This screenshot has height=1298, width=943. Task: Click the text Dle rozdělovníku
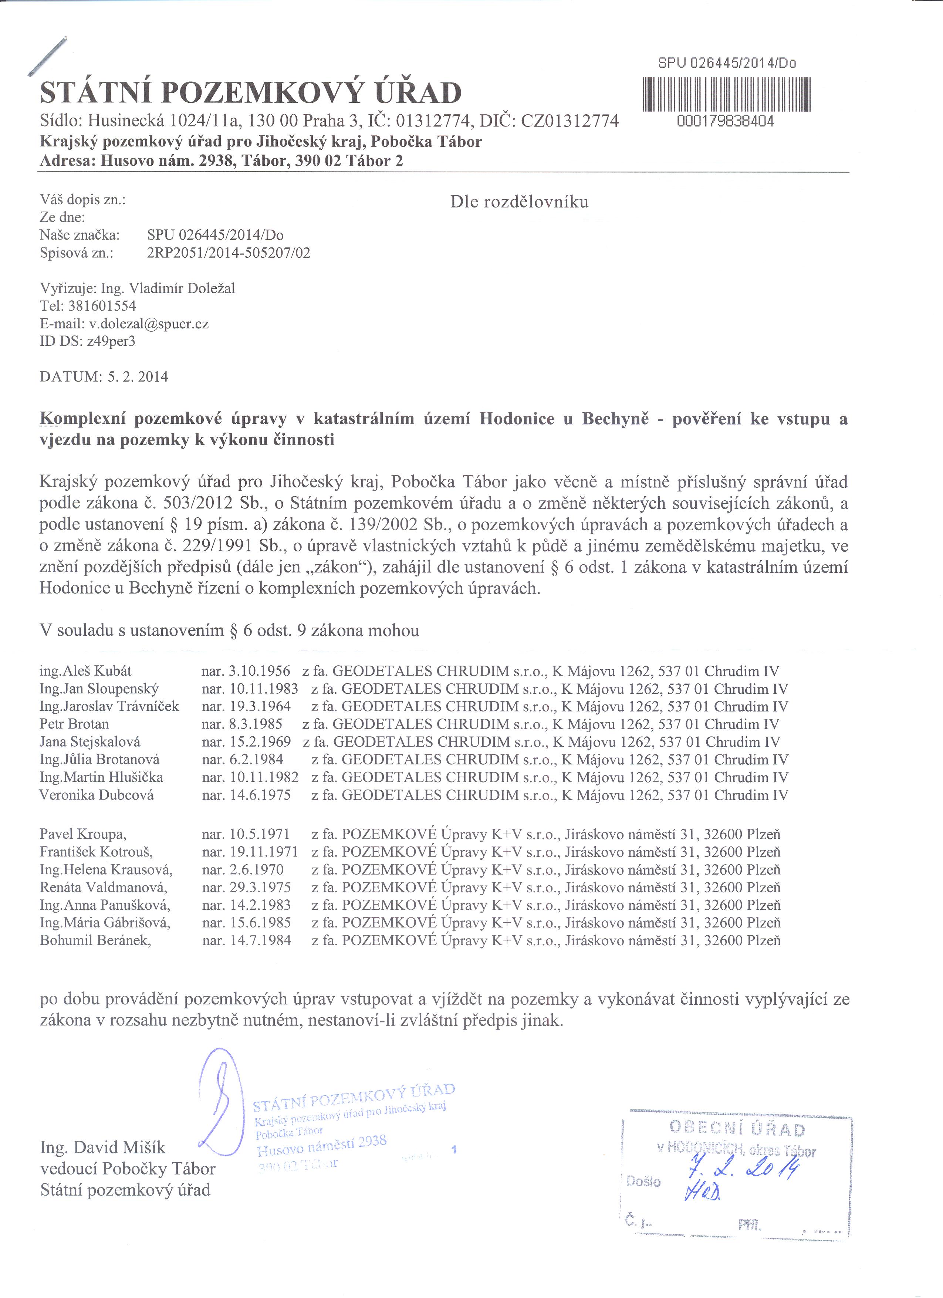click(519, 202)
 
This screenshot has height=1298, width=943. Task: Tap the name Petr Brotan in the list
click(74, 724)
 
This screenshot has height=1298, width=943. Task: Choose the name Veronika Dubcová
click(96, 795)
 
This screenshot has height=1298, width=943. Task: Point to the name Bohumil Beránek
click(95, 940)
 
